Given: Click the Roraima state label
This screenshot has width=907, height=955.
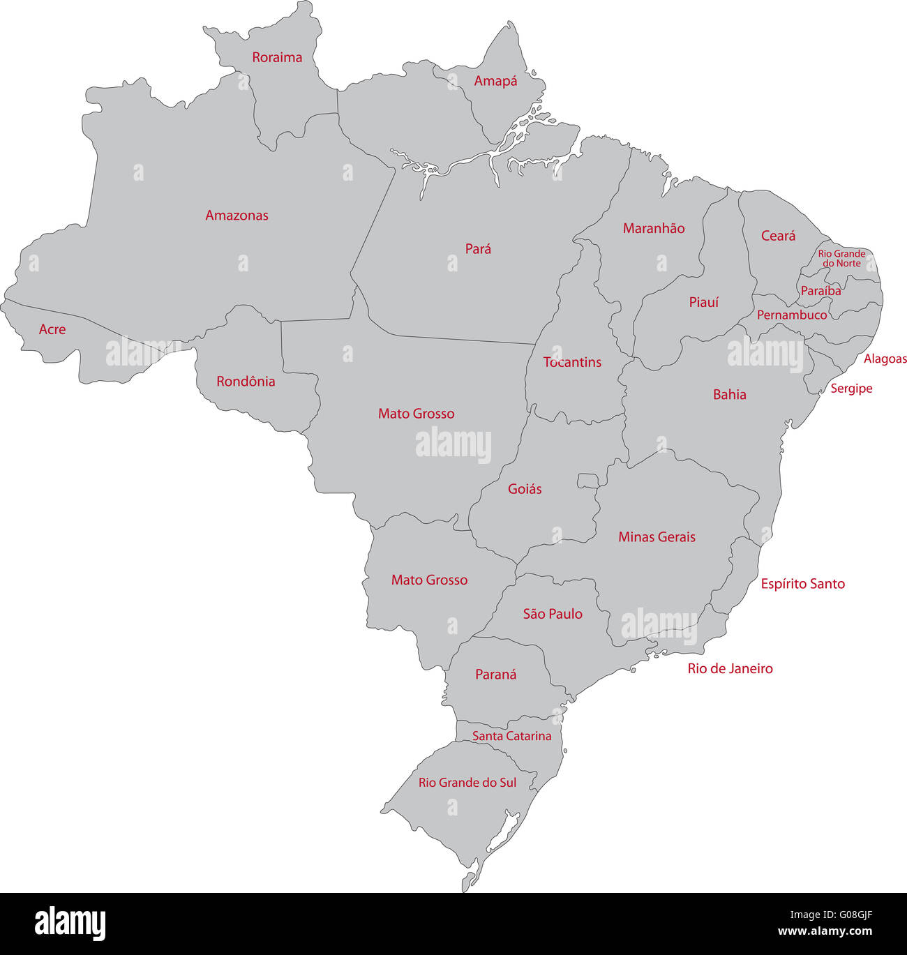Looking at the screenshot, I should (277, 57).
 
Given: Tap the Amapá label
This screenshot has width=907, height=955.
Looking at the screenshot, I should (495, 81).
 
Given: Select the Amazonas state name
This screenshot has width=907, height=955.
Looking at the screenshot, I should (237, 216).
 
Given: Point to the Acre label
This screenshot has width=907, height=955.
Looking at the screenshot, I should (52, 329).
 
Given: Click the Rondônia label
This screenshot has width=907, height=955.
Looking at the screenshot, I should (246, 382).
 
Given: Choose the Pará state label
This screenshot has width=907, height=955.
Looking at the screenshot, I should (478, 249).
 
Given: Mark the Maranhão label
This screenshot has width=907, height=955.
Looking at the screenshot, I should (654, 228).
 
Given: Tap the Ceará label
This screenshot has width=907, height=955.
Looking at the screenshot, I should (778, 236).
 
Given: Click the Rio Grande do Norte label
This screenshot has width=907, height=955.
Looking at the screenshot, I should (841, 259).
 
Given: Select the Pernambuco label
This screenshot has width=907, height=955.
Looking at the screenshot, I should (792, 315).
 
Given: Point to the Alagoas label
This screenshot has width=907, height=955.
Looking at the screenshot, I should (885, 359).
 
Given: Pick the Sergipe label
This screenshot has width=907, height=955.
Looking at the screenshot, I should (851, 389).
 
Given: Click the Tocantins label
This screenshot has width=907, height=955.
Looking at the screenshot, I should (572, 362).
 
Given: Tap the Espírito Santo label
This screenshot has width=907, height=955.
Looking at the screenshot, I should (802, 584).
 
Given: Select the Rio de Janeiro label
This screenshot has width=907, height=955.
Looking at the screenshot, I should (730, 668).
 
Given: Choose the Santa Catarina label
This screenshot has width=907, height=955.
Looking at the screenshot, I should (511, 736).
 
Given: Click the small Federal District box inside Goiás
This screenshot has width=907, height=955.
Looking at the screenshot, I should (588, 481).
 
